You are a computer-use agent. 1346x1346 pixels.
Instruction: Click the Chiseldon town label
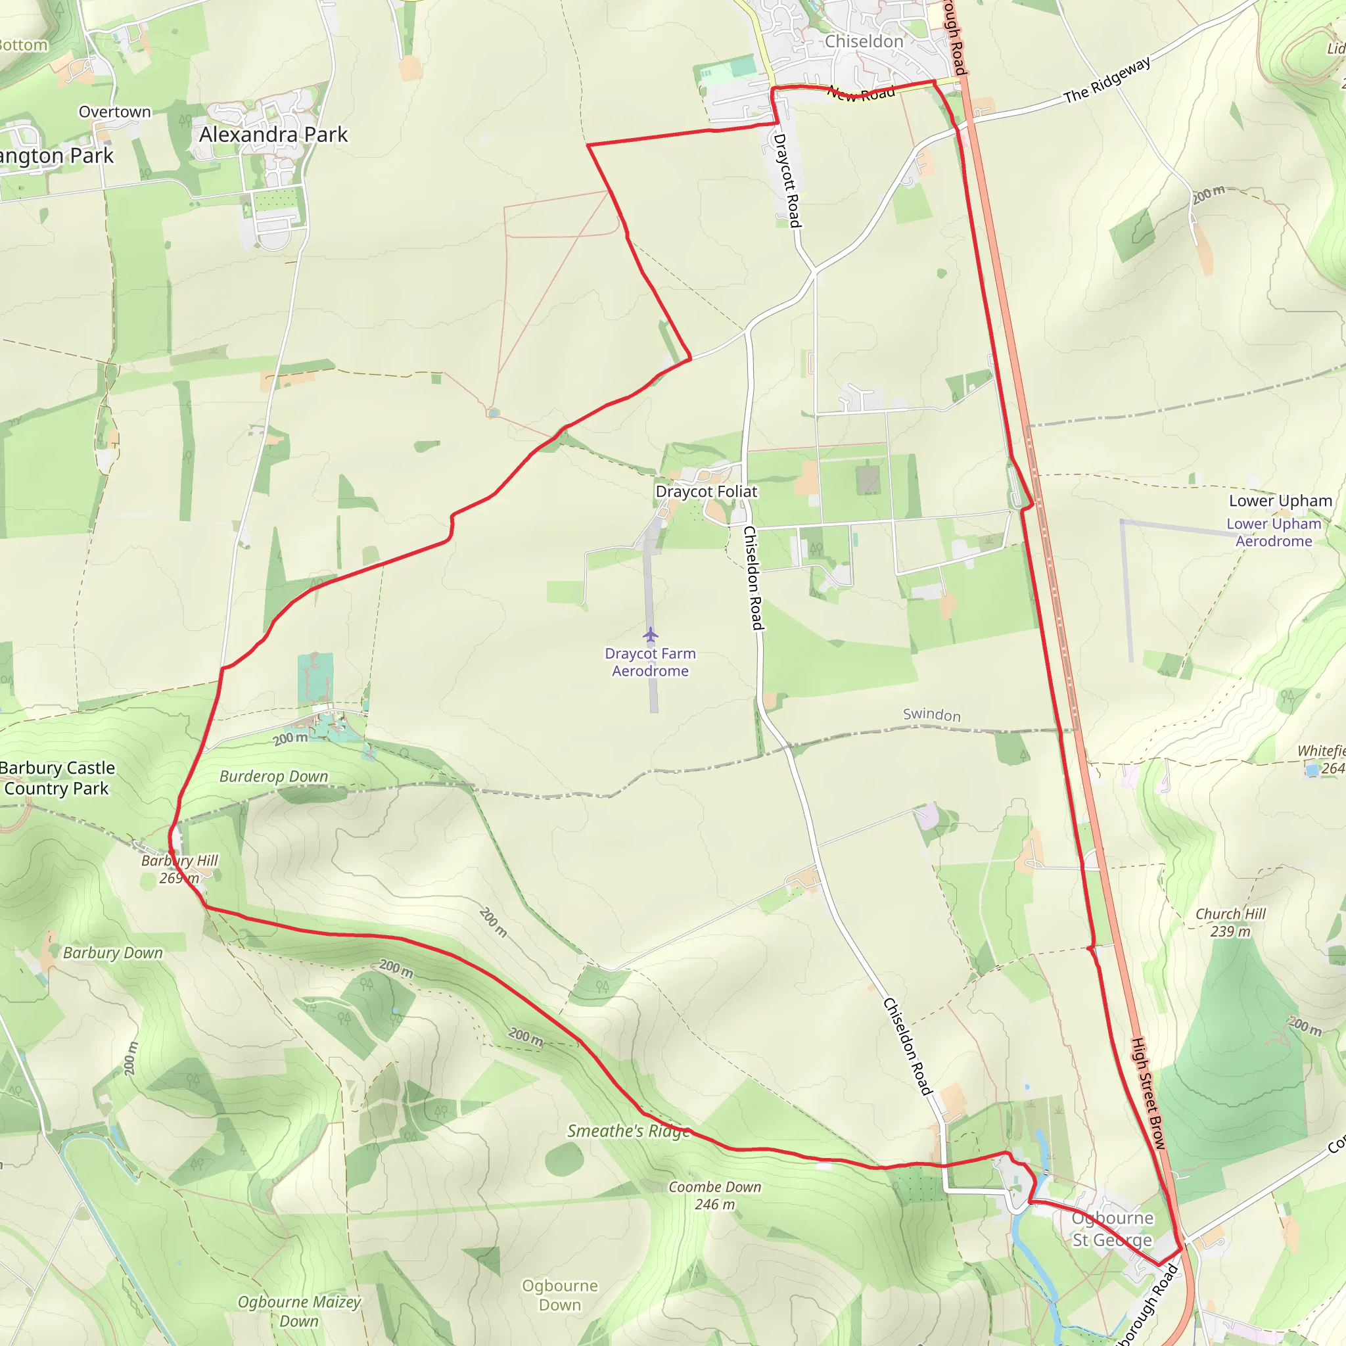coord(863,42)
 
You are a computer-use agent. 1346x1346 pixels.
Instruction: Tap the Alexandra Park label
coord(273,135)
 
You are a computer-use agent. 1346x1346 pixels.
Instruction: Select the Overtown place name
coord(114,112)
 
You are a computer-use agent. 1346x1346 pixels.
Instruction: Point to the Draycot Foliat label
coord(706,492)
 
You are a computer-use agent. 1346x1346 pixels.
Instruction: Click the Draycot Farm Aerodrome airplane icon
coord(650,635)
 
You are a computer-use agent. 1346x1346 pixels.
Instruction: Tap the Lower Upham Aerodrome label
coord(1274,532)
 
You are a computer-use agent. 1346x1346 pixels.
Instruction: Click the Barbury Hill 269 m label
coord(179,870)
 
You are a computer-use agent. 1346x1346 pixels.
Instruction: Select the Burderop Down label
coord(273,777)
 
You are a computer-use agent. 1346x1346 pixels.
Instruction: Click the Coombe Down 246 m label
coord(714,1195)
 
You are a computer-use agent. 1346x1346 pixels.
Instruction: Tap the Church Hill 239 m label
coord(1230,922)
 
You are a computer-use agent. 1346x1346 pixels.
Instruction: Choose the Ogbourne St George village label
coord(1112,1229)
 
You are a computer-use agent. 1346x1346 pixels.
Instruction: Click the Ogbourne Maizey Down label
coord(299,1311)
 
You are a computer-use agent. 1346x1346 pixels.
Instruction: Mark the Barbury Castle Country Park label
coord(57,778)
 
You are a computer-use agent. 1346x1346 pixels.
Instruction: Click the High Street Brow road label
coord(1148,1093)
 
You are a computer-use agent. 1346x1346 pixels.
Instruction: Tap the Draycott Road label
coord(788,181)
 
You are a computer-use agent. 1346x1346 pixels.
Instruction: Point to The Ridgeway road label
coord(1107,80)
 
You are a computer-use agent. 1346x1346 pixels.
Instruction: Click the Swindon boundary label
coord(931,715)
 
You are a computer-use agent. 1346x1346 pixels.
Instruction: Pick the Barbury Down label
coord(113,953)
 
